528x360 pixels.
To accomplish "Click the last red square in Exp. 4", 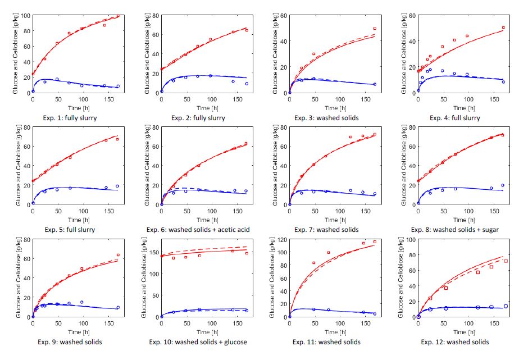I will (x=503, y=28).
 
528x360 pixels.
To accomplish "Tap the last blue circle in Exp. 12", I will (x=506, y=306).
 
